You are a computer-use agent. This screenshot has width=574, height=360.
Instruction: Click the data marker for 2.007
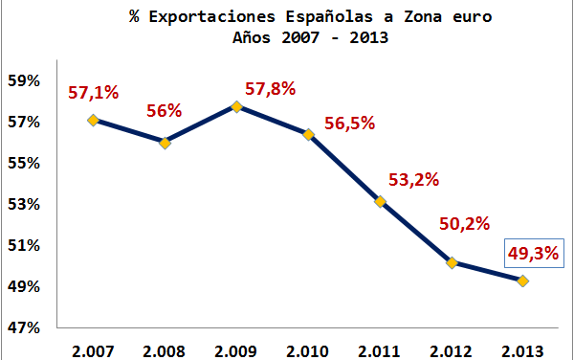point(93,120)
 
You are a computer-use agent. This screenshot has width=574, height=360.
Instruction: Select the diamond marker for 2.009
point(236,106)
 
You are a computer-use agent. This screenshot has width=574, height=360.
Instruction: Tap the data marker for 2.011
point(380,201)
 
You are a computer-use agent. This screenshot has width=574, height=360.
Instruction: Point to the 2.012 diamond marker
point(452,262)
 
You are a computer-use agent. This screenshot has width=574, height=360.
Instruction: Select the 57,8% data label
point(269,89)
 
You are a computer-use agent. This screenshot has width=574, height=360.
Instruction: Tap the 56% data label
point(164,110)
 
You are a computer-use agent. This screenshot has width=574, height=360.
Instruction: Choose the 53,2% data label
point(412,180)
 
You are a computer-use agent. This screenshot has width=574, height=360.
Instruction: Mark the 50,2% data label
point(464,224)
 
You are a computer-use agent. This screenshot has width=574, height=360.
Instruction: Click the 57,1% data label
point(92,93)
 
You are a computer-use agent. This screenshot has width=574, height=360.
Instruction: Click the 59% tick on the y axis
point(24,80)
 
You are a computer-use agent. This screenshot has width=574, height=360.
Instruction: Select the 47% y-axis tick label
point(24,327)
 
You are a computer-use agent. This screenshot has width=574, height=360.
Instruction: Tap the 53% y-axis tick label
point(24,204)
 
